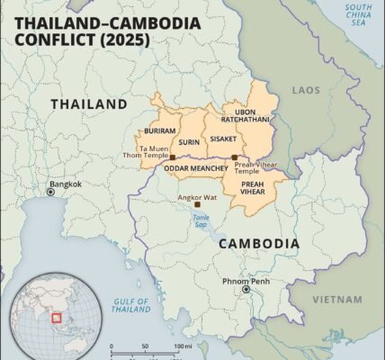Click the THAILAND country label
coord(89,104)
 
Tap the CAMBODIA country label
coord(258,243)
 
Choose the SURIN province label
coord(189,141)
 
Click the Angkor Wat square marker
coord(197,204)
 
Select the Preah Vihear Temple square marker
coord(234,157)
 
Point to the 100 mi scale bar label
coord(184,347)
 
